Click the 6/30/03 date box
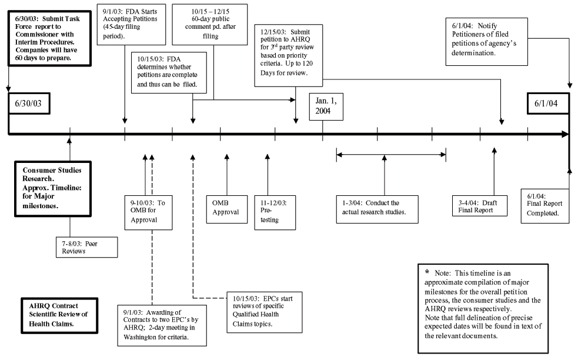click(x=29, y=104)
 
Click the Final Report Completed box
click(x=546, y=204)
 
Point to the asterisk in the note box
click(x=427, y=273)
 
